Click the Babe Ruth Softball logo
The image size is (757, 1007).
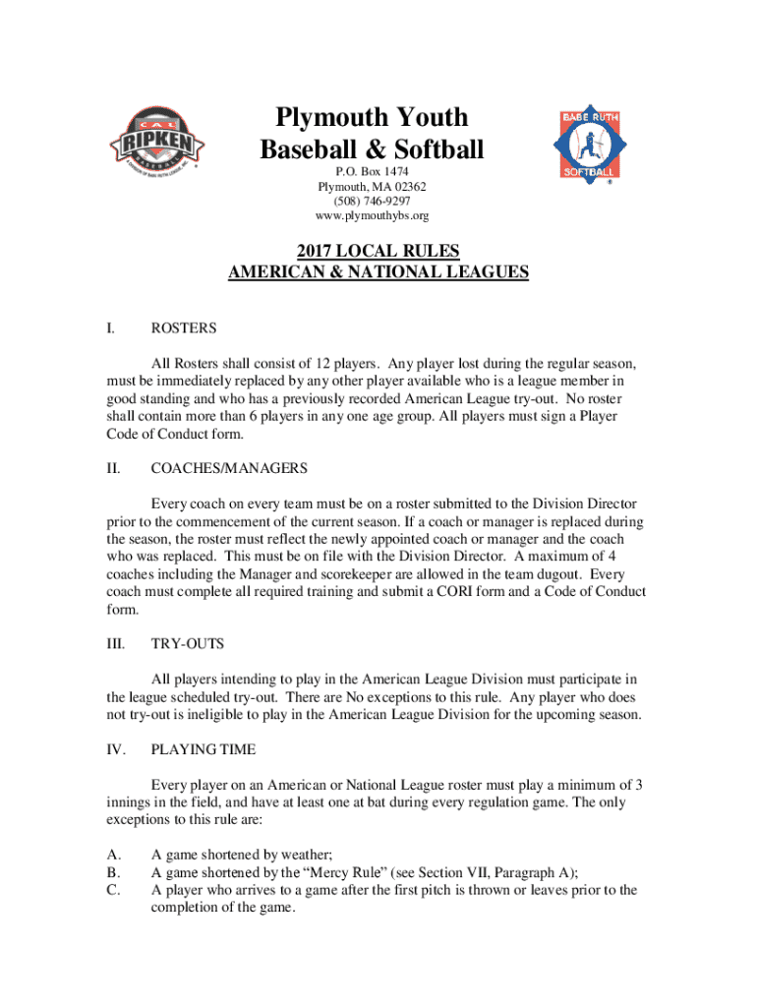pyautogui.click(x=590, y=143)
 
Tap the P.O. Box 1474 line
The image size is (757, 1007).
pyautogui.click(x=372, y=170)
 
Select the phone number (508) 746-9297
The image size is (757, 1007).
pyautogui.click(x=372, y=200)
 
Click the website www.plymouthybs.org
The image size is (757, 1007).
pyautogui.click(x=372, y=214)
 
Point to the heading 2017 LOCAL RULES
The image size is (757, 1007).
pyautogui.click(x=378, y=251)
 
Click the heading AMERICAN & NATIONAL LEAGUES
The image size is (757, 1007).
pyautogui.click(x=378, y=272)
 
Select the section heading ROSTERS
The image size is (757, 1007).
pyautogui.click(x=184, y=327)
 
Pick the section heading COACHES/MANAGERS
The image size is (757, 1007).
pyautogui.click(x=229, y=468)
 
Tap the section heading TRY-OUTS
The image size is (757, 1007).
pyautogui.click(x=187, y=643)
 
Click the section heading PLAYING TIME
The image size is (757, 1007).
pyautogui.click(x=203, y=749)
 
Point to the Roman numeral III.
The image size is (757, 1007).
pyautogui.click(x=115, y=643)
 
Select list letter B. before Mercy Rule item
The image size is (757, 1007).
pyautogui.click(x=113, y=872)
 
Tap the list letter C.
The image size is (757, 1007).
pyautogui.click(x=113, y=890)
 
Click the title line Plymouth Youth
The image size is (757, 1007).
pyautogui.click(x=372, y=118)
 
